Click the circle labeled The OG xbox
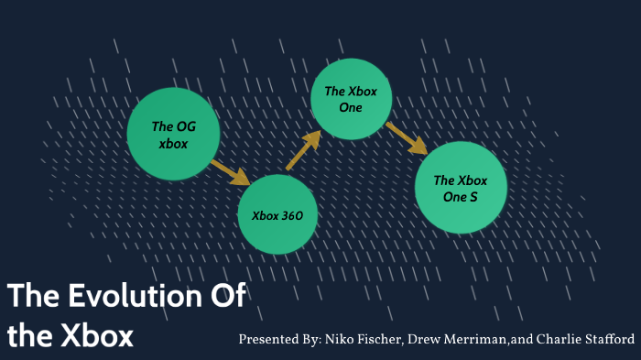click(x=173, y=134)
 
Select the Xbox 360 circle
click(x=277, y=214)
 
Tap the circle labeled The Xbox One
click(x=352, y=99)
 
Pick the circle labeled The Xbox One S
click(x=460, y=188)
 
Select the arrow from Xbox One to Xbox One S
click(x=406, y=137)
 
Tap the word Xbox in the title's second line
click(x=94, y=335)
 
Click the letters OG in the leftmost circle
click(x=185, y=126)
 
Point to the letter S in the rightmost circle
click(x=473, y=197)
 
